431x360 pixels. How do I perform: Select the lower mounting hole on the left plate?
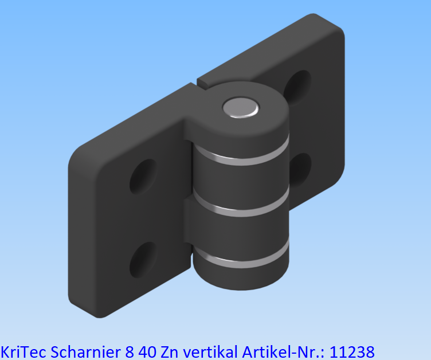[142, 259]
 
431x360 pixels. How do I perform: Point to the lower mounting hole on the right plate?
[300, 169]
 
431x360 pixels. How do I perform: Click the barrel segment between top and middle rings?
[240, 182]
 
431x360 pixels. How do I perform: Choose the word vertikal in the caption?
[210, 350]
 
